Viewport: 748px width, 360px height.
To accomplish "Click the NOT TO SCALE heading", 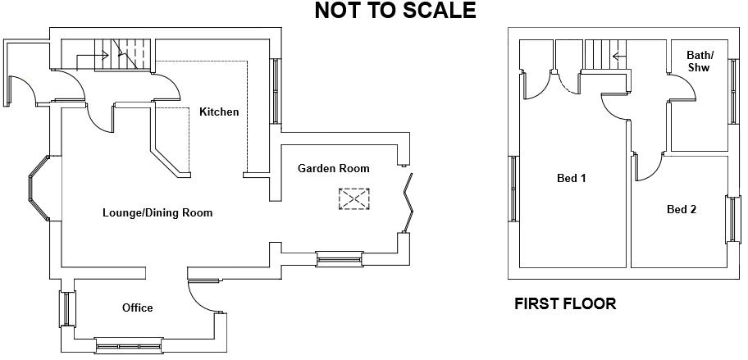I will point(395,11).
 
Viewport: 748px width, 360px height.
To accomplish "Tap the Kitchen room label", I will point(219,112).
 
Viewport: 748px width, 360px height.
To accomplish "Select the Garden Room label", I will point(333,168).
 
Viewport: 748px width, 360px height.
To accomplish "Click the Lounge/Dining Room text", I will point(157,212).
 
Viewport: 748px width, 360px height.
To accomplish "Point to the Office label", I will point(137,308).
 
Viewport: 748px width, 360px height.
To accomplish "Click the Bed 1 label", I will point(571,177).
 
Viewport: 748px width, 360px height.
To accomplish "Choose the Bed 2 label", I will point(681,209).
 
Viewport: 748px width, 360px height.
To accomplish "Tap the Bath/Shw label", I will point(700,62).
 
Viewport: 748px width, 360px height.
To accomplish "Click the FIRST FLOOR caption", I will point(564,304).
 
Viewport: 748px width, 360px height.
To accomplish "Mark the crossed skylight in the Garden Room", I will point(354,198).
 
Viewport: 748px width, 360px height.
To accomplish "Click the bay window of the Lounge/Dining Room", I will point(38,189).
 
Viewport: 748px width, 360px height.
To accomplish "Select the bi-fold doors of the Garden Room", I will point(408,200).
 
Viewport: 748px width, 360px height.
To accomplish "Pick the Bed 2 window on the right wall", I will point(730,219).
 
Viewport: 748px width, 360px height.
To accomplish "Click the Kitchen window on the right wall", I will point(276,91).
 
